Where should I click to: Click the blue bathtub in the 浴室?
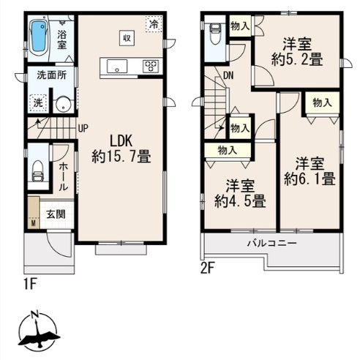pos(38,37)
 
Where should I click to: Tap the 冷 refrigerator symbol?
pos(154,23)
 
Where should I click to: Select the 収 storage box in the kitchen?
pos(127,38)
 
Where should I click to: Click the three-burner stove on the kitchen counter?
pos(151,66)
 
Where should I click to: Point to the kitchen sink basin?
pos(117,66)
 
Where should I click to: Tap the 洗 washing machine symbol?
pos(38,103)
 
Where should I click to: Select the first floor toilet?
pos(38,170)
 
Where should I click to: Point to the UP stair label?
pos(83,128)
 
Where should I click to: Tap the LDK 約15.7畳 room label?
pos(121,149)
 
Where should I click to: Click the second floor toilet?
pos(215,34)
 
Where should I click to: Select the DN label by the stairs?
pos(228,76)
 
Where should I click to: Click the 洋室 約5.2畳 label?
pos(297,52)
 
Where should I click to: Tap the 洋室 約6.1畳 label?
pos(310,171)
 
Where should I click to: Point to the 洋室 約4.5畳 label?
pos(240,194)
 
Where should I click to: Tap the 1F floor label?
pos(31,285)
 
